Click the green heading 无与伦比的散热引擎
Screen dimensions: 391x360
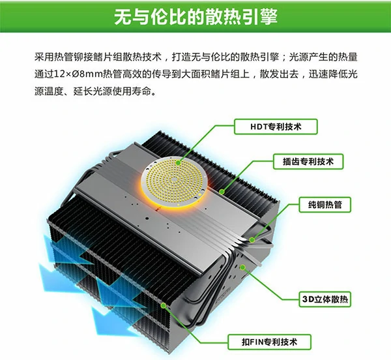(x=195, y=17)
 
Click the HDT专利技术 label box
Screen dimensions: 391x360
(x=276, y=127)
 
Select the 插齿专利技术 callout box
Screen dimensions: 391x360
(x=308, y=162)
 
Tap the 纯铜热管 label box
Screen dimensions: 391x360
(x=325, y=205)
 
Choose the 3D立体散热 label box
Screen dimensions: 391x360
(x=325, y=299)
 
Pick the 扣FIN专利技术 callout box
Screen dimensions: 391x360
(x=269, y=342)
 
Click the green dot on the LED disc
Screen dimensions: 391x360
(x=178, y=163)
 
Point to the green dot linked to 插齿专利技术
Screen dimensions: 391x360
(x=222, y=192)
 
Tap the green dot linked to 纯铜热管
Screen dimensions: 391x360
(x=252, y=240)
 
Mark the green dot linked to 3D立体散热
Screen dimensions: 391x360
(x=242, y=267)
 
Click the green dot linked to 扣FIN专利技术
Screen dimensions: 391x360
(x=164, y=305)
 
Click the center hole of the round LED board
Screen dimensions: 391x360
(x=175, y=179)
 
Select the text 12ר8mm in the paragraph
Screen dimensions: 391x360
(x=78, y=74)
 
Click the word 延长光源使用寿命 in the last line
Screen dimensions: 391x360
(x=112, y=92)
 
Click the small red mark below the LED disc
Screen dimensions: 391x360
(x=157, y=209)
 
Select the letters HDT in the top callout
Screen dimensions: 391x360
(x=259, y=127)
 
